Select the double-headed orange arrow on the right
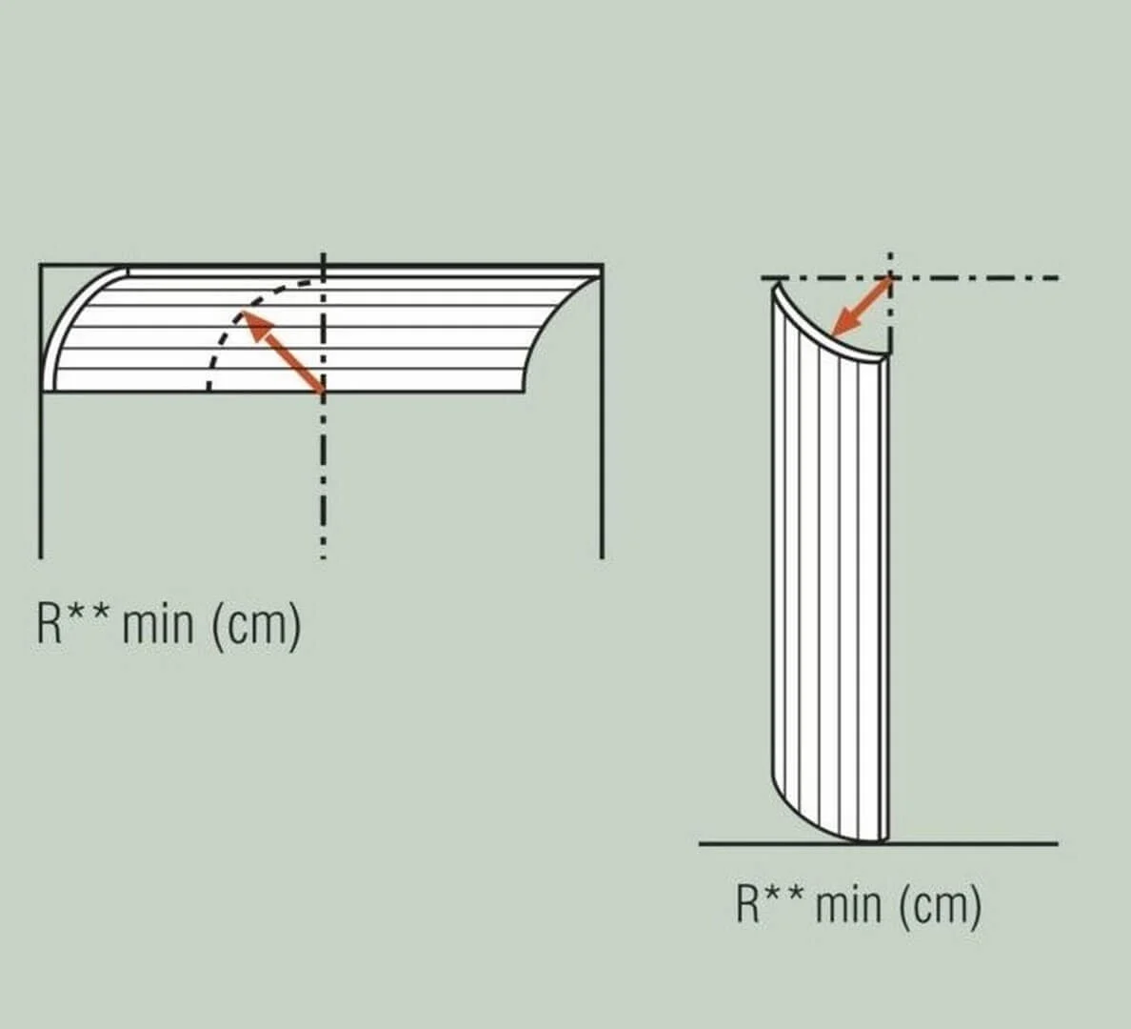pos(862,308)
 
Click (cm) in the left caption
pos(256,626)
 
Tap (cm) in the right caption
pos(941,905)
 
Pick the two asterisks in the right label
pos(784,897)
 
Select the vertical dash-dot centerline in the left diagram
pos(323,406)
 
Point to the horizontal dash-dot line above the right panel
pos(910,277)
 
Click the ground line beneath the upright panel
pos(879,842)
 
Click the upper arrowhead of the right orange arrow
pos(884,286)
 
